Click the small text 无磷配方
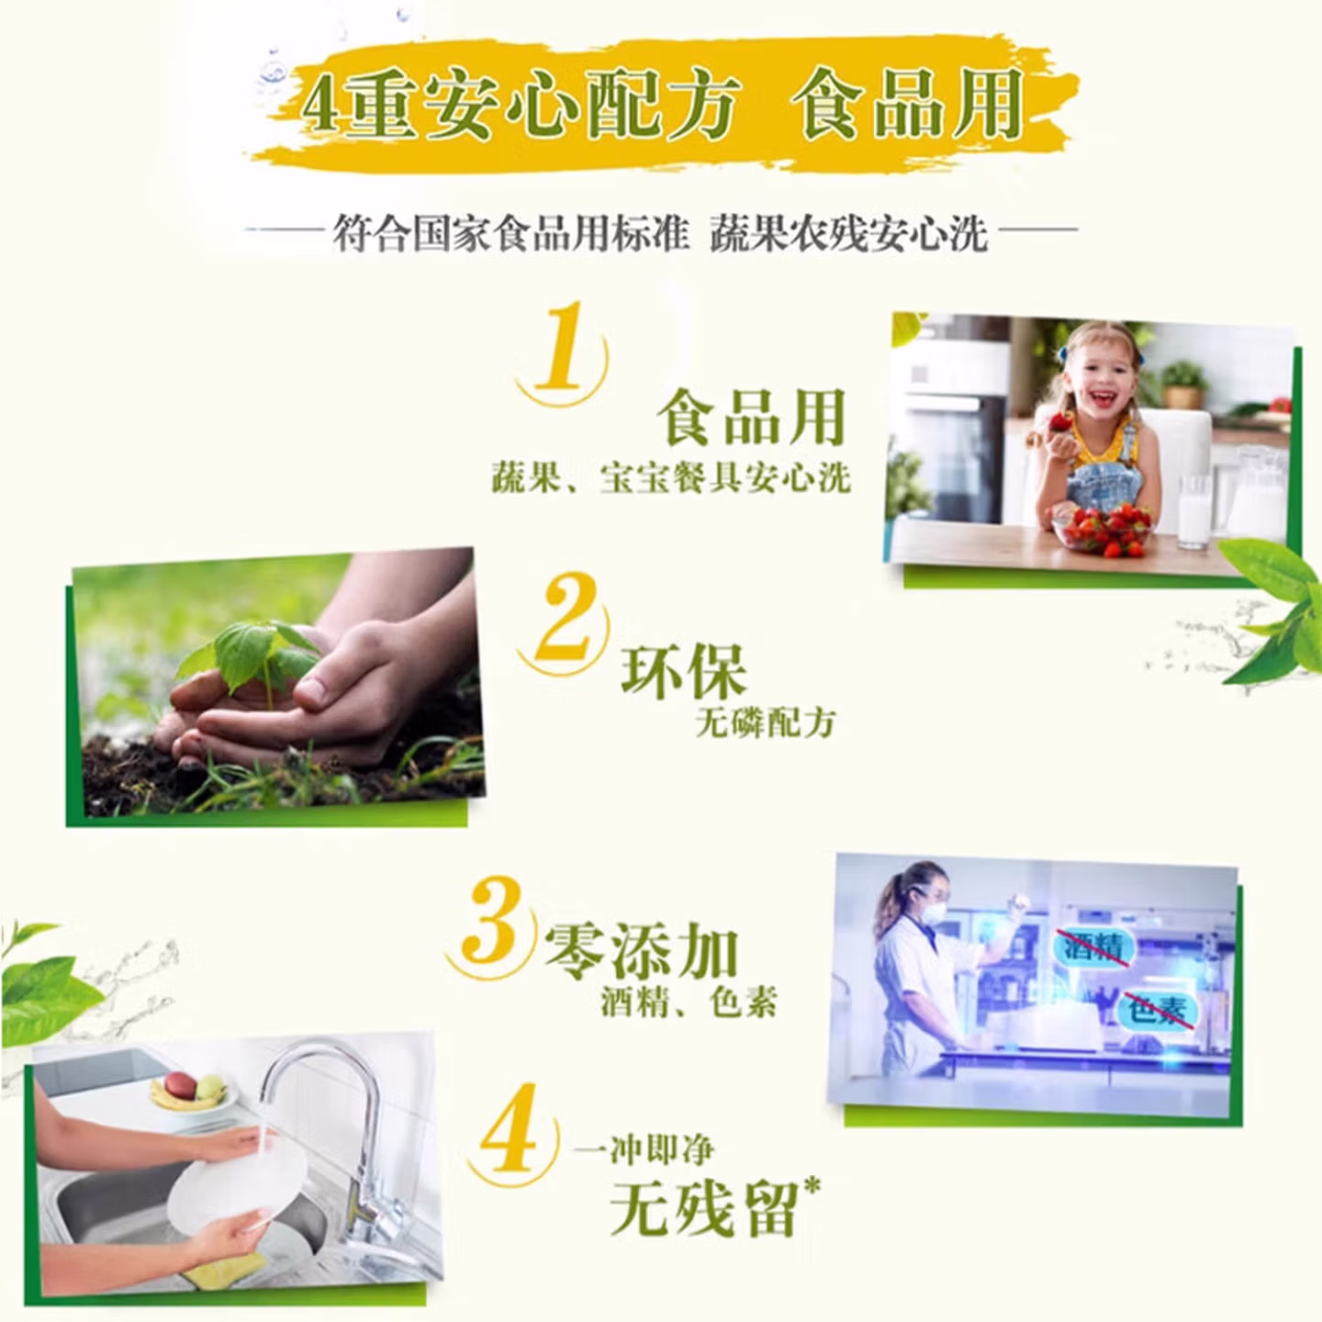coord(766,723)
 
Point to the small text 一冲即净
coord(644,1151)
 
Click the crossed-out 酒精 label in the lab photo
coord(1095,948)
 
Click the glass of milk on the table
coord(1194,511)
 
